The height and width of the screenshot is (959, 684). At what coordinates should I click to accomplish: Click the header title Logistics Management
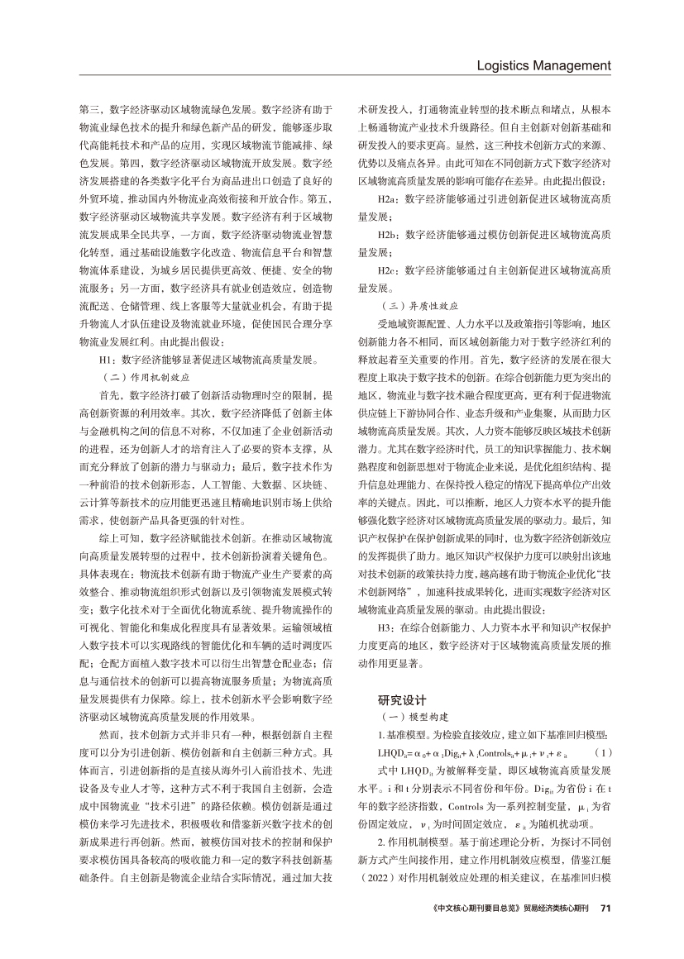544,65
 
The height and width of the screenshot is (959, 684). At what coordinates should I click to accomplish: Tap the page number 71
605,930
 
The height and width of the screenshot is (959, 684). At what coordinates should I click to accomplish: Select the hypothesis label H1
105,359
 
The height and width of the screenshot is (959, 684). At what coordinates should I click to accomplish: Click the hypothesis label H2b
384,235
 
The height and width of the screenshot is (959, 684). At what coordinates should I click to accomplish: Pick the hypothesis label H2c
384,270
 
